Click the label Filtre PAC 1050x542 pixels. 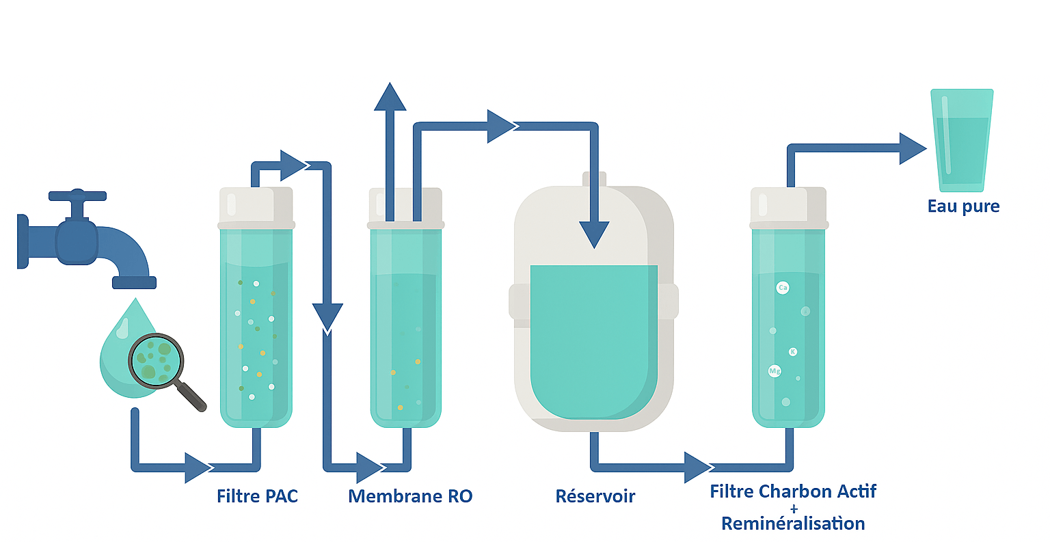(257, 496)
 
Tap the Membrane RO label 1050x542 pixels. (410, 496)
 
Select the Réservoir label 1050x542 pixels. (595, 496)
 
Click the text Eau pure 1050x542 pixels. (963, 206)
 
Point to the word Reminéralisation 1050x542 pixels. (793, 524)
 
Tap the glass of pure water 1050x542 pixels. (962, 140)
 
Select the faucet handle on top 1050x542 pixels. (77, 196)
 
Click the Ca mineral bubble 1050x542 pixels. (783, 288)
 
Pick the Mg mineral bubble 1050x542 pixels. (775, 371)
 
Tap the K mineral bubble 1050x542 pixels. (793, 352)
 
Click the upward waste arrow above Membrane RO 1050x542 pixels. (390, 98)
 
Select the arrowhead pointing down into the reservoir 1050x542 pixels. (594, 234)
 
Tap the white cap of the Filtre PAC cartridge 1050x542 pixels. (256, 206)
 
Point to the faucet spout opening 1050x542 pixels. (134, 283)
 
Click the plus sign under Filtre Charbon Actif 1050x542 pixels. (793, 509)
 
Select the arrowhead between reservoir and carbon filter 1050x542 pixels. (697, 468)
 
